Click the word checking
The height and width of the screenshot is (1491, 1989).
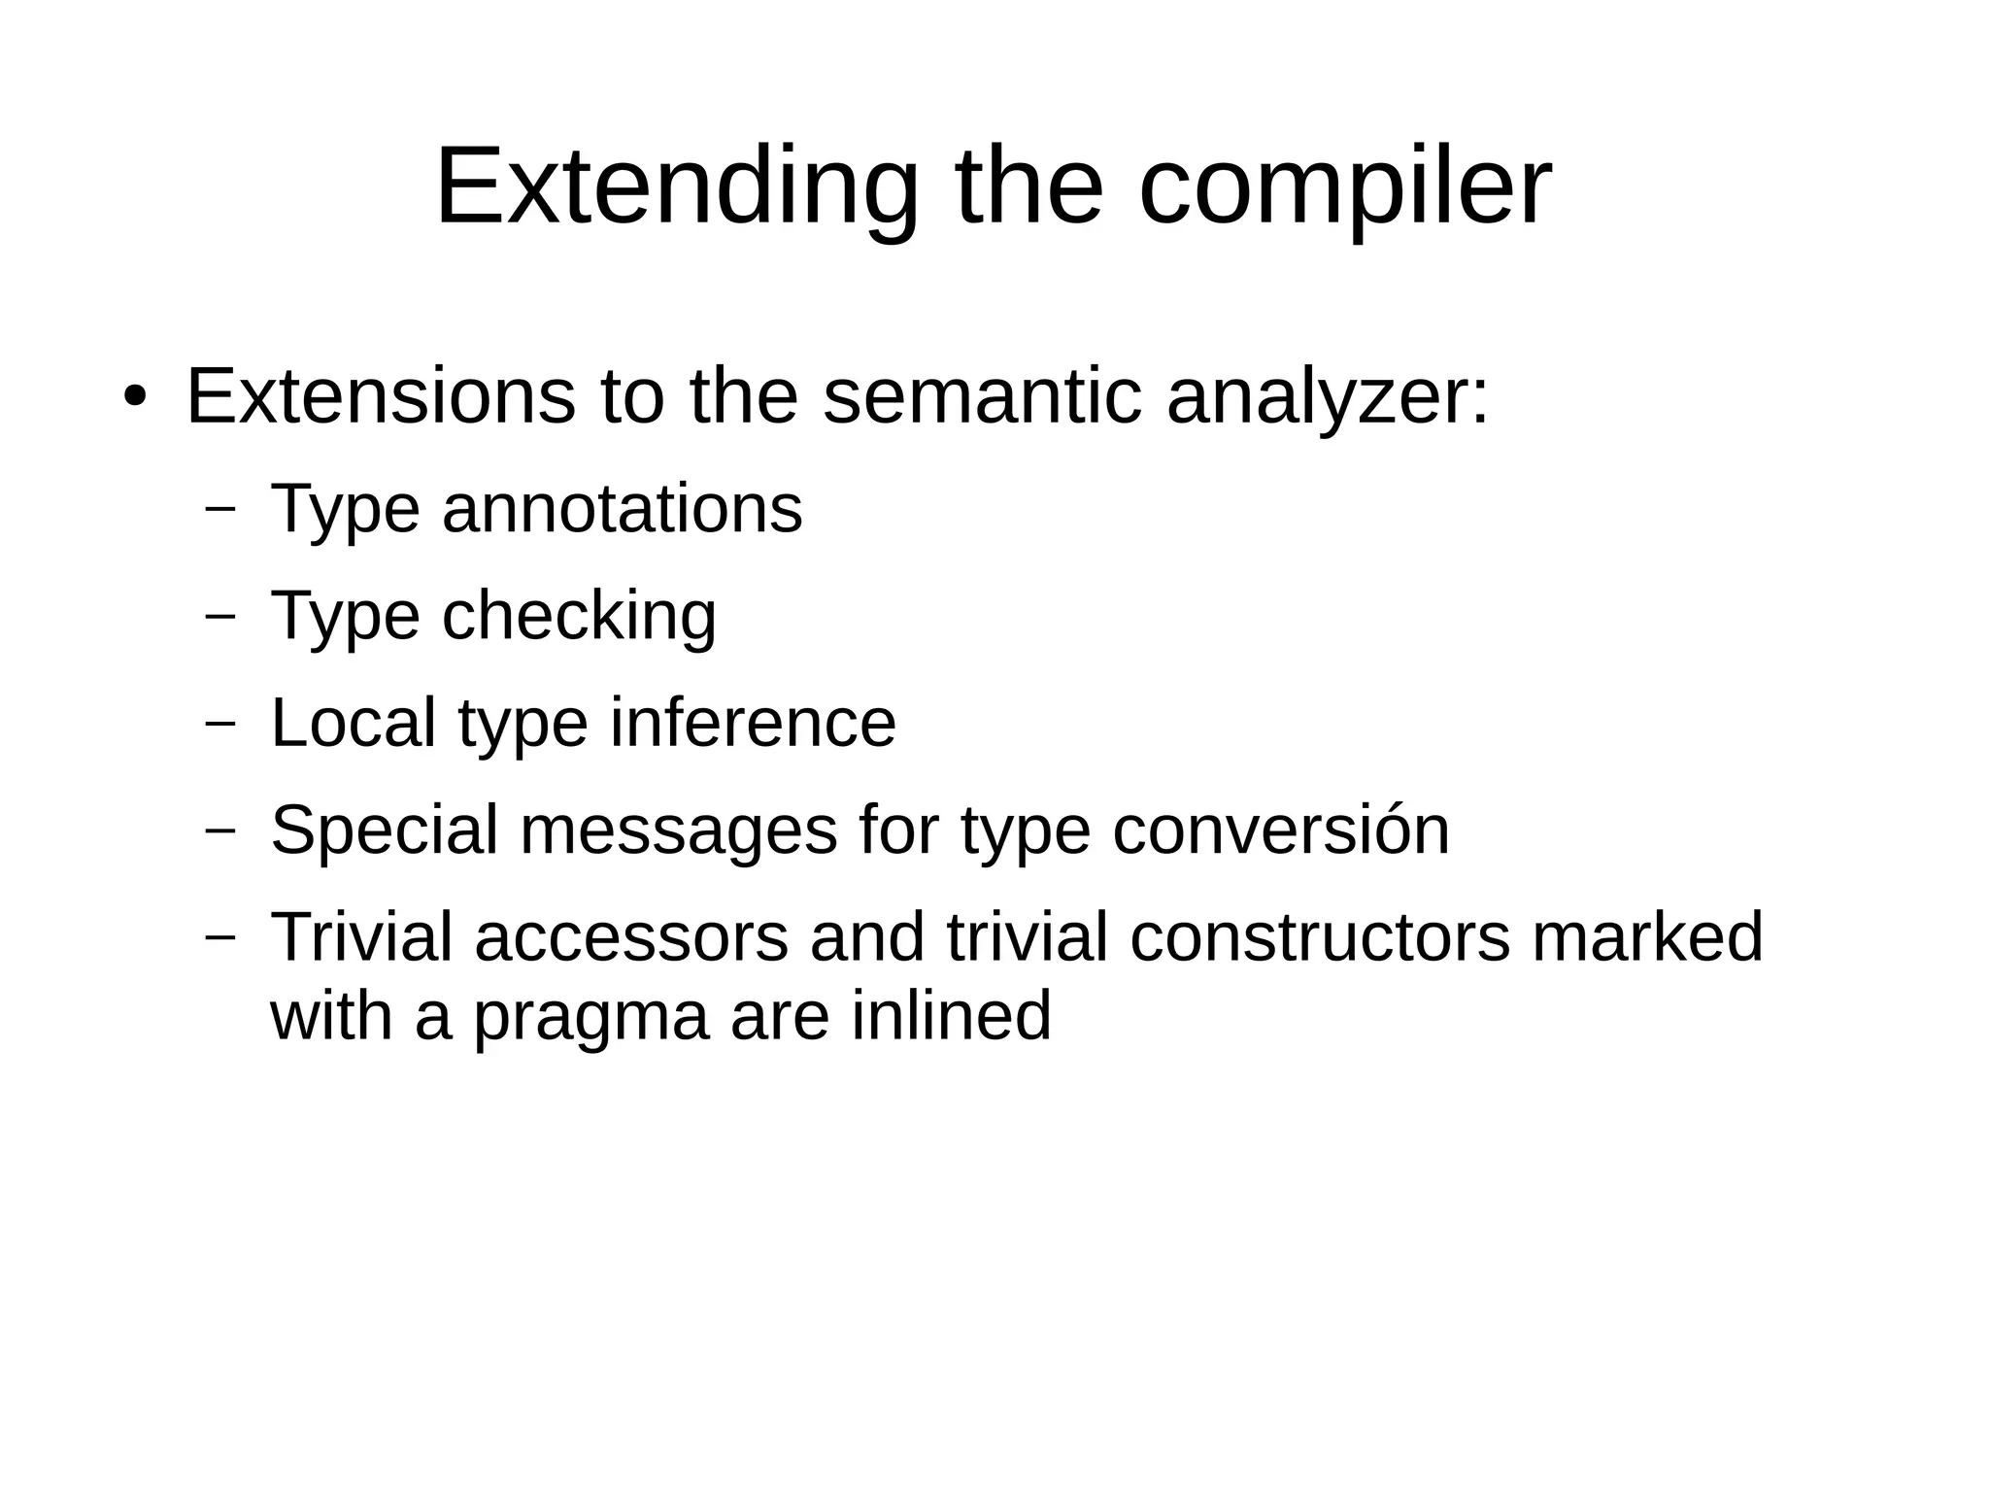580,616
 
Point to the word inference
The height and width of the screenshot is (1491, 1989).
753,723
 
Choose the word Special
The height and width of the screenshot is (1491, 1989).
385,830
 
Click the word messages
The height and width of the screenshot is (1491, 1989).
679,830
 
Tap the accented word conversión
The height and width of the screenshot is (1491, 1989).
1280,830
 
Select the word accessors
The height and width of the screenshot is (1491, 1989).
631,937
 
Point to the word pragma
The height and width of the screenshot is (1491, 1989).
590,1016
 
